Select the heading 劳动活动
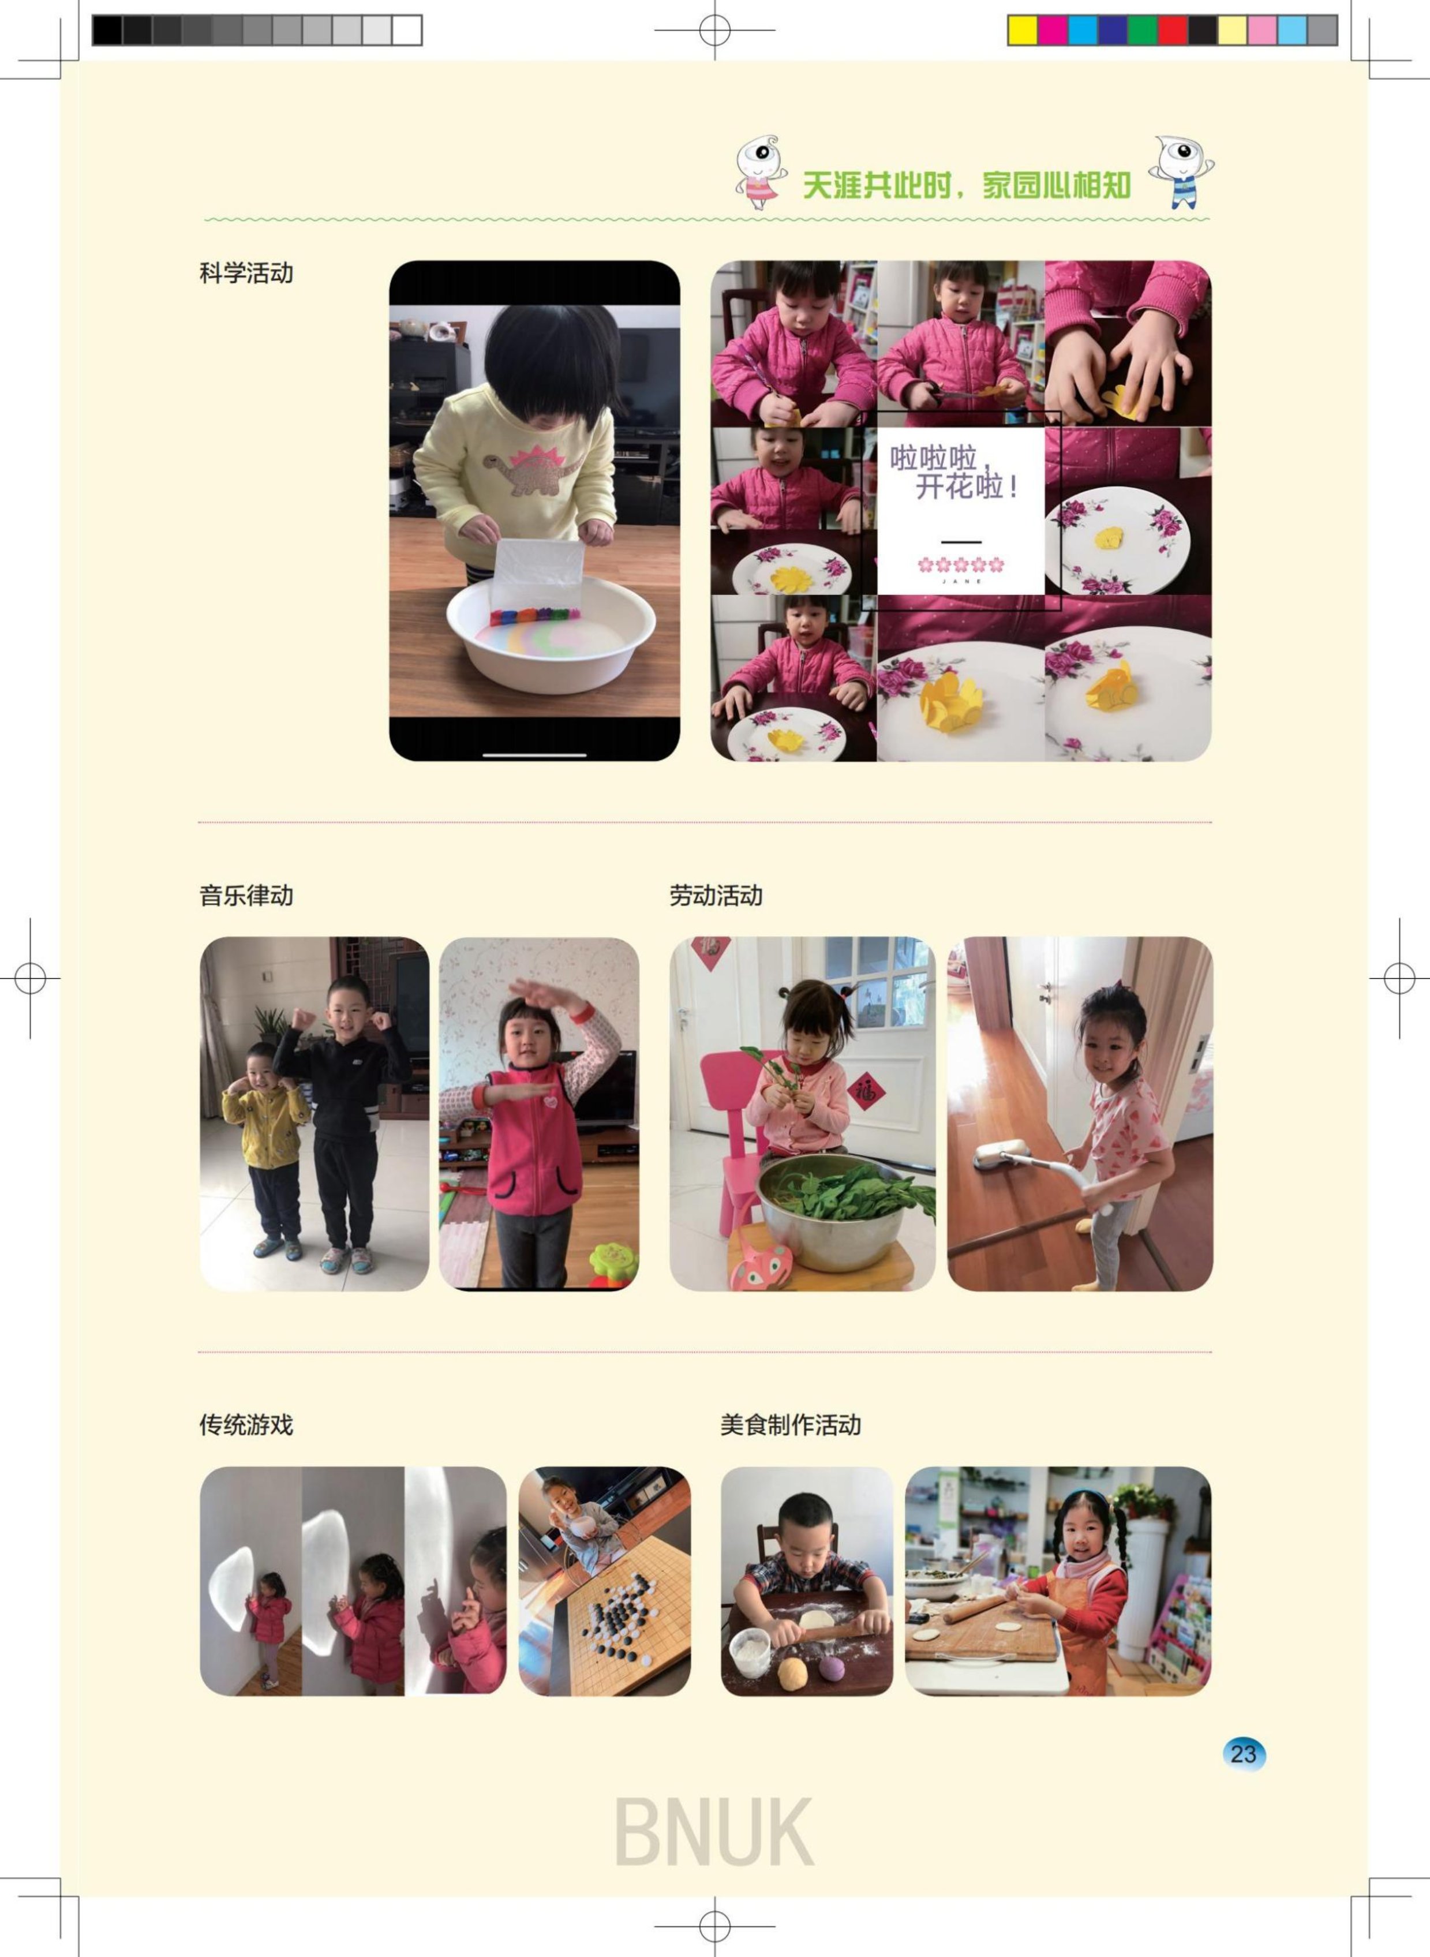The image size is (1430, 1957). [716, 895]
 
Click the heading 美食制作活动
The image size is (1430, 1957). [791, 1425]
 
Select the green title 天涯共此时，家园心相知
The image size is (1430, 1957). [966, 184]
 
